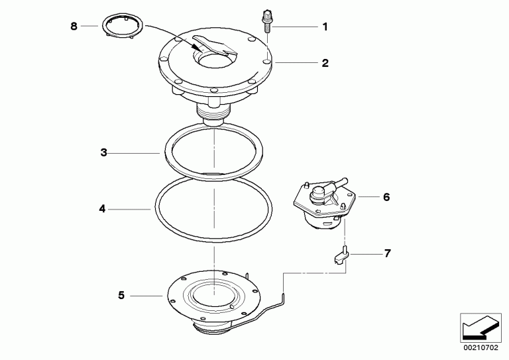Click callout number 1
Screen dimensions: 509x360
[325, 27]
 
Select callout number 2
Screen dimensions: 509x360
[325, 62]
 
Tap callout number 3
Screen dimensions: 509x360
[103, 152]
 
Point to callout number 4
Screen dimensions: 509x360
[102, 209]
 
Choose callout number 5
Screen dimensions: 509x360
[121, 296]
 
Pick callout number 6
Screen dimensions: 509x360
[386, 197]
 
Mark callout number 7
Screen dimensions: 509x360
[387, 253]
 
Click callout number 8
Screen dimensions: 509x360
[74, 26]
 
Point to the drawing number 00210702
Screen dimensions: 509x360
[481, 347]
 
